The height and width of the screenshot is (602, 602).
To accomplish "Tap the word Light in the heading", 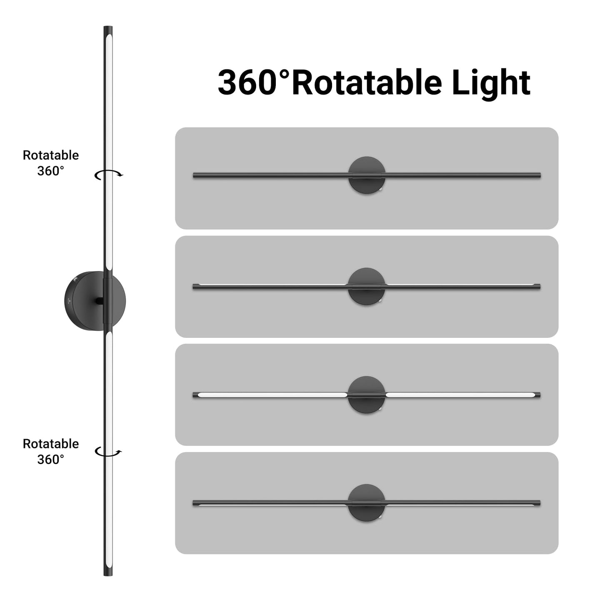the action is (491, 85).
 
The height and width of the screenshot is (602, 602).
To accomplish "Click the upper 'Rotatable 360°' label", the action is (50, 163).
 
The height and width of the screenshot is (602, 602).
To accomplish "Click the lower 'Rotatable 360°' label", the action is (50, 452).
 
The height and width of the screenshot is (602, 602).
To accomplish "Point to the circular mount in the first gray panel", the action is (367, 175).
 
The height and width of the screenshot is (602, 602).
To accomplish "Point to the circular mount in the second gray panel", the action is (367, 286).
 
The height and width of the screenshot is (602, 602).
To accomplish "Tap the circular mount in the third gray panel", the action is (367, 395).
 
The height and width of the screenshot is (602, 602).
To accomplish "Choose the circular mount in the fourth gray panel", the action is (367, 503).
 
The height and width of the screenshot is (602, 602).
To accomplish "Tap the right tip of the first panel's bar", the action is (540, 175).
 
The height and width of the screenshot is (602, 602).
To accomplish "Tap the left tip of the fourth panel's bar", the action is (193, 503).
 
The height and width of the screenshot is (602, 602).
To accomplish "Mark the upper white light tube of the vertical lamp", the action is (109, 152).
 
